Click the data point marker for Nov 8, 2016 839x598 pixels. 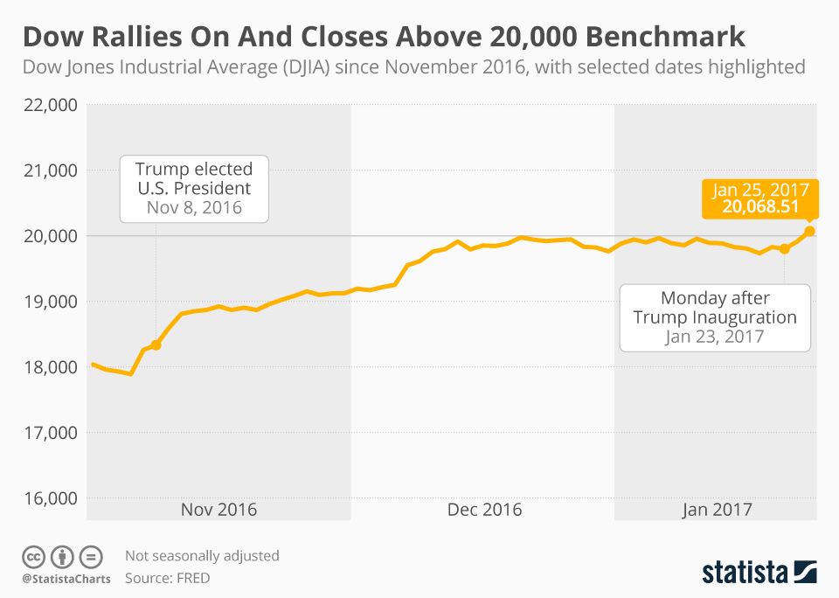point(156,345)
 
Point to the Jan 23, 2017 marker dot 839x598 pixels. point(785,249)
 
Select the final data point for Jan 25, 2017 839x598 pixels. point(809,231)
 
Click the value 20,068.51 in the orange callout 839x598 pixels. point(760,206)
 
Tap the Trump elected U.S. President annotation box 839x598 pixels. point(193,188)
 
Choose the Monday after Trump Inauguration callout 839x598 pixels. point(715,317)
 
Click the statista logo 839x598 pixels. point(759,573)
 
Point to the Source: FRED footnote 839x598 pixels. point(167,578)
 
